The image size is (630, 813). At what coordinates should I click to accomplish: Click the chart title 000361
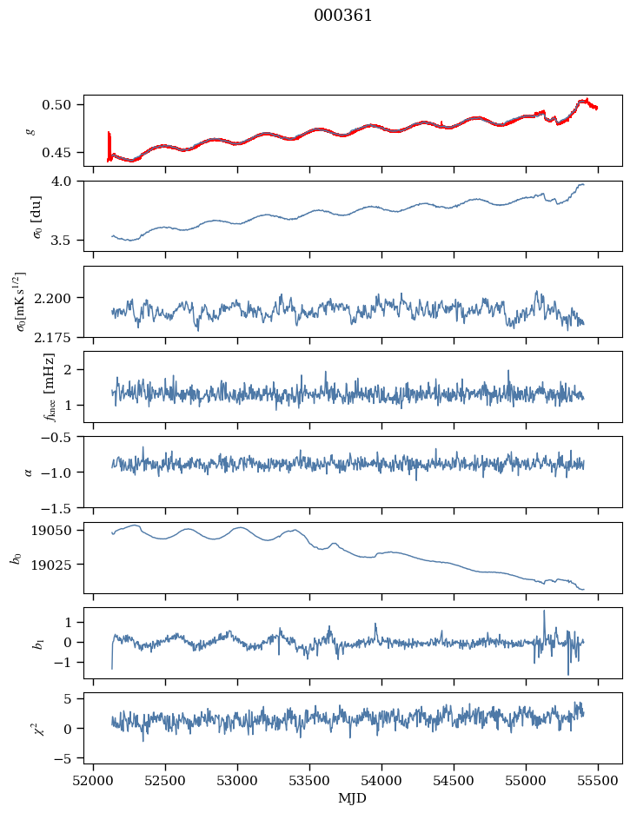(342, 16)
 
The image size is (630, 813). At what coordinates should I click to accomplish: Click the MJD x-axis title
(352, 798)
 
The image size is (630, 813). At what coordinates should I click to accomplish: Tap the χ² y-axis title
(37, 728)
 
